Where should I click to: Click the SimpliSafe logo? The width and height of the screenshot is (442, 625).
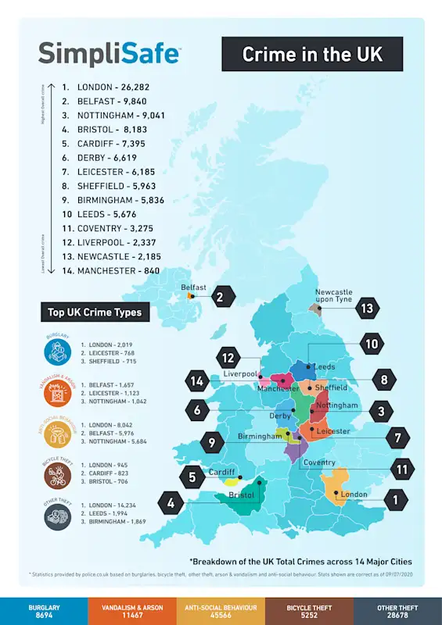click(x=109, y=53)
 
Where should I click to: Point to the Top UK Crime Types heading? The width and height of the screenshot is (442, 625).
click(x=95, y=312)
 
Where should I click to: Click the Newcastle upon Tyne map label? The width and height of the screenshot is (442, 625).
click(x=334, y=295)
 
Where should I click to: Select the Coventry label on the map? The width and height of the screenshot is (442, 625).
click(x=319, y=462)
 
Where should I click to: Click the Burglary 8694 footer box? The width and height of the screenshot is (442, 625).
click(x=44, y=612)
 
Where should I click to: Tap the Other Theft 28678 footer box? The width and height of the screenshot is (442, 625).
click(x=397, y=612)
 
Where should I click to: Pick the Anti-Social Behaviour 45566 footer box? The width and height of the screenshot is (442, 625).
click(x=221, y=612)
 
